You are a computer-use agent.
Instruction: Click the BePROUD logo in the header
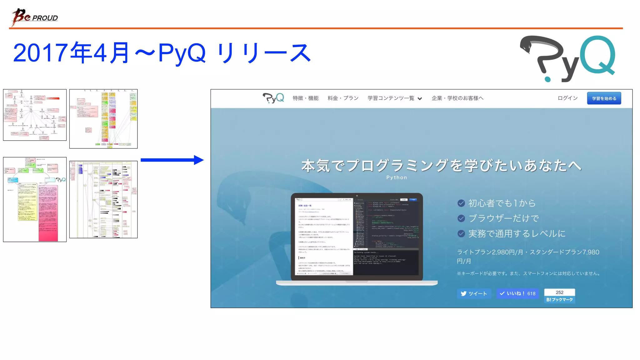coord(34,17)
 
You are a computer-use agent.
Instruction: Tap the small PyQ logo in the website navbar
coord(273,98)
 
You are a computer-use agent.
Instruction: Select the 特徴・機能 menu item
coord(305,98)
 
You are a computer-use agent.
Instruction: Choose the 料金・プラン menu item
coord(343,98)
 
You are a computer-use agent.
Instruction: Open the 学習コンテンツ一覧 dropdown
coord(394,98)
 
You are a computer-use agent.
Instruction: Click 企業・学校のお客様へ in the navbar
coord(457,98)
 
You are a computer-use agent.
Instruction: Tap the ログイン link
coord(567,98)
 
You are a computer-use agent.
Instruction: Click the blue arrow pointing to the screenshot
coord(172,160)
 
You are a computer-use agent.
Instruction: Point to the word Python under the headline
coord(397,177)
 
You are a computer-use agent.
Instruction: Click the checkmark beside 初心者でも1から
coord(461,203)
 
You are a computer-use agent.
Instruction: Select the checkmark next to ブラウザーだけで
coord(461,218)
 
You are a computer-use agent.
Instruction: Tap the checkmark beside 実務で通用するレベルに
coord(461,233)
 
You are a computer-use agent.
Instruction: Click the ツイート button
coord(474,293)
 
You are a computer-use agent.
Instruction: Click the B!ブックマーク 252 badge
coord(559,296)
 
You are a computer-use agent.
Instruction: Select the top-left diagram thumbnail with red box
coord(35,115)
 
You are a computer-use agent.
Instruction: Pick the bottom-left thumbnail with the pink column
coord(35,199)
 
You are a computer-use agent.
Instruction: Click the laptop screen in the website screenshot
coord(357,236)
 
